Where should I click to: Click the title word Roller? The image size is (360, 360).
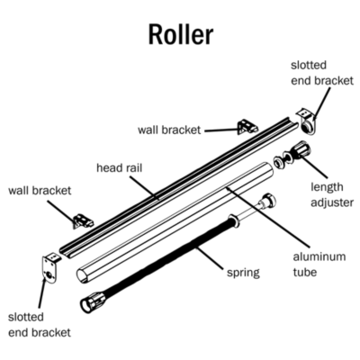(181, 34)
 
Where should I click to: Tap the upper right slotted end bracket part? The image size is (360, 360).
(307, 122)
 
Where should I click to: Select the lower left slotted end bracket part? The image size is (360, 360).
(49, 267)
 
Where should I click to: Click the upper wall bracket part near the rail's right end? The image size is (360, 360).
(247, 127)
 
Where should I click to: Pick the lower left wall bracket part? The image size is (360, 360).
(83, 220)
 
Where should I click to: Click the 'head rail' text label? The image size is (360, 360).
(119, 168)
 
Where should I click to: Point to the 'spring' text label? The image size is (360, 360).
(243, 274)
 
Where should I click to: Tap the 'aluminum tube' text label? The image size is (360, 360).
(319, 265)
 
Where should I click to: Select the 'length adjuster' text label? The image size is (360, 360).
(332, 194)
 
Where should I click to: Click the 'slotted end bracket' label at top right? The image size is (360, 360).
(322, 73)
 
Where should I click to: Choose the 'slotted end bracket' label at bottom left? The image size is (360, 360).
(40, 325)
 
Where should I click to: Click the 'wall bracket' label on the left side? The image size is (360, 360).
(40, 191)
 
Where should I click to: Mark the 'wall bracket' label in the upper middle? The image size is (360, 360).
(169, 130)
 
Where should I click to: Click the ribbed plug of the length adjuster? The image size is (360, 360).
(301, 149)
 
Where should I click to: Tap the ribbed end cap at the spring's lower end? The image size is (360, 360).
(94, 302)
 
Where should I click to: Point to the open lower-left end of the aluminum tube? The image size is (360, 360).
(82, 275)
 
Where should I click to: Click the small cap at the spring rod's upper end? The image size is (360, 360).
(269, 200)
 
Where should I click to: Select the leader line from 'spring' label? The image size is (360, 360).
(210, 258)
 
